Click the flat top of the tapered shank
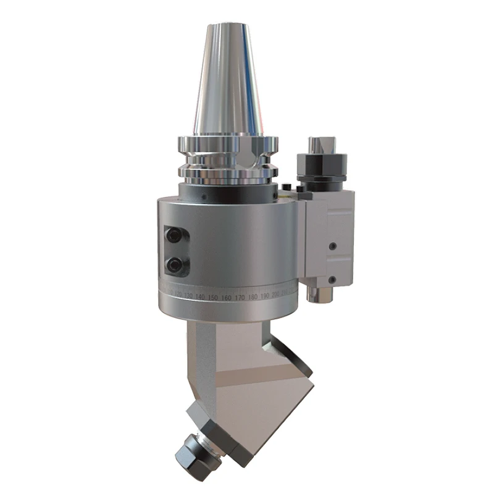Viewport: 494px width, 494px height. click(227, 26)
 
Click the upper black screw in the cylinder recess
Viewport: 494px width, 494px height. click(175, 235)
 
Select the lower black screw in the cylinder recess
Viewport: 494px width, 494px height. click(176, 265)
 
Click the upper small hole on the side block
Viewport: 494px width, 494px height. click(333, 246)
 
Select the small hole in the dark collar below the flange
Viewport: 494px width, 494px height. click(203, 196)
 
